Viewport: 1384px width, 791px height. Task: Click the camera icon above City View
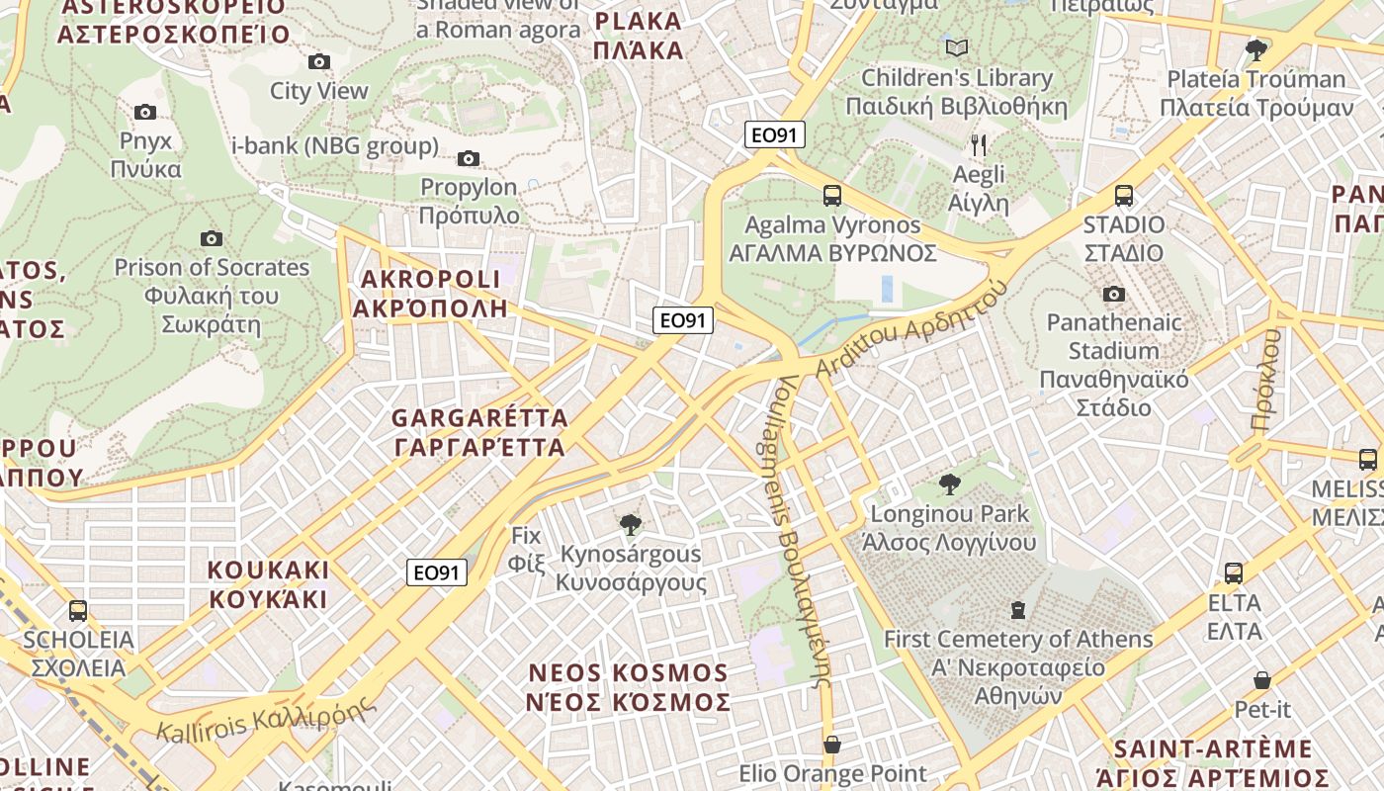click(318, 62)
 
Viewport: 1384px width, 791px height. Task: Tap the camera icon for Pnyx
click(145, 113)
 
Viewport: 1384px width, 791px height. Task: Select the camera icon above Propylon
click(469, 158)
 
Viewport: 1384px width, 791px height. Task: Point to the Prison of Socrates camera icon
click(211, 238)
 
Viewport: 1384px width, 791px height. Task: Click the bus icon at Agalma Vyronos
click(832, 196)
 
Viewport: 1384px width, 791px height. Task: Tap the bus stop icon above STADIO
click(1124, 196)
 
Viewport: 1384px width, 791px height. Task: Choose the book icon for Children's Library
click(957, 47)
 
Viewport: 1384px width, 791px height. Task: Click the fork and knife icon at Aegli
click(979, 145)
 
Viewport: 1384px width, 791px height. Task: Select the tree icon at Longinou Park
click(950, 484)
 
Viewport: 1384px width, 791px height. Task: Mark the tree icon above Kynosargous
click(630, 525)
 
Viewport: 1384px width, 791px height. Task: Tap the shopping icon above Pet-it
click(1262, 680)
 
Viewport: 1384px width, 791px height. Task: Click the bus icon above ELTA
click(1234, 573)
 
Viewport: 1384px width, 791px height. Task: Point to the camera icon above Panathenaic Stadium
click(1114, 294)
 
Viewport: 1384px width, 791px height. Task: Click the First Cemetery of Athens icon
click(1018, 609)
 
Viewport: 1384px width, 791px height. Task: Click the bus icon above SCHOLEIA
click(78, 610)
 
